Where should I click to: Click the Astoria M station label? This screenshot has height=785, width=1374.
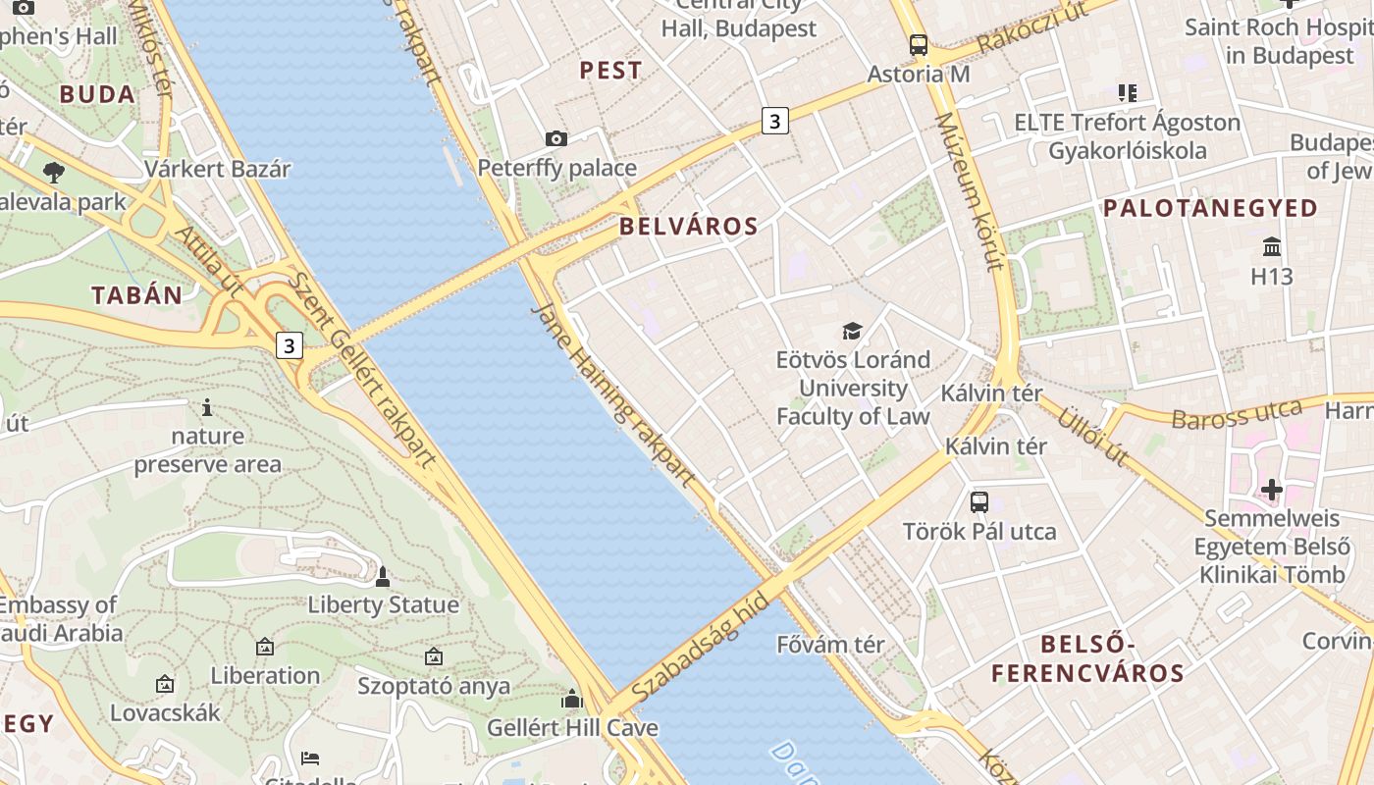click(919, 74)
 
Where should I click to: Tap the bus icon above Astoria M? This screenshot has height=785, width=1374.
click(919, 45)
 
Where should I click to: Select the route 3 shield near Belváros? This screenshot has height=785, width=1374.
click(775, 122)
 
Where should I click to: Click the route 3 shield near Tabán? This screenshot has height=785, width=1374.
click(289, 345)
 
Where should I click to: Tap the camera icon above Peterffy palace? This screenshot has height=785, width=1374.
click(556, 139)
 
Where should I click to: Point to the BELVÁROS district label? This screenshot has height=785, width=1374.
click(688, 227)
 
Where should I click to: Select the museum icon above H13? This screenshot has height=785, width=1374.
click(1272, 246)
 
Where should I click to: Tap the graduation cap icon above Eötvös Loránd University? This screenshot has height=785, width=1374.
click(852, 332)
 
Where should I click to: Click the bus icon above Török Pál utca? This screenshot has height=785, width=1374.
click(978, 502)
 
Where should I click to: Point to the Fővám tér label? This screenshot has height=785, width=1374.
click(830, 645)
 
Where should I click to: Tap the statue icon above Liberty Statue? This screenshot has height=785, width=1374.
click(383, 577)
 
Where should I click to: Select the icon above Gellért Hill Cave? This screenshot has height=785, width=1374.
click(572, 700)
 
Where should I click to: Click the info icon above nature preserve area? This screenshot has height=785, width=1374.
click(207, 407)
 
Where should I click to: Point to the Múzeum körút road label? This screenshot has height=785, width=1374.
click(969, 190)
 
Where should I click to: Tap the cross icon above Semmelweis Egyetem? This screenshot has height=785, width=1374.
click(1272, 489)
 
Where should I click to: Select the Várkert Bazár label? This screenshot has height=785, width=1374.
click(218, 169)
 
